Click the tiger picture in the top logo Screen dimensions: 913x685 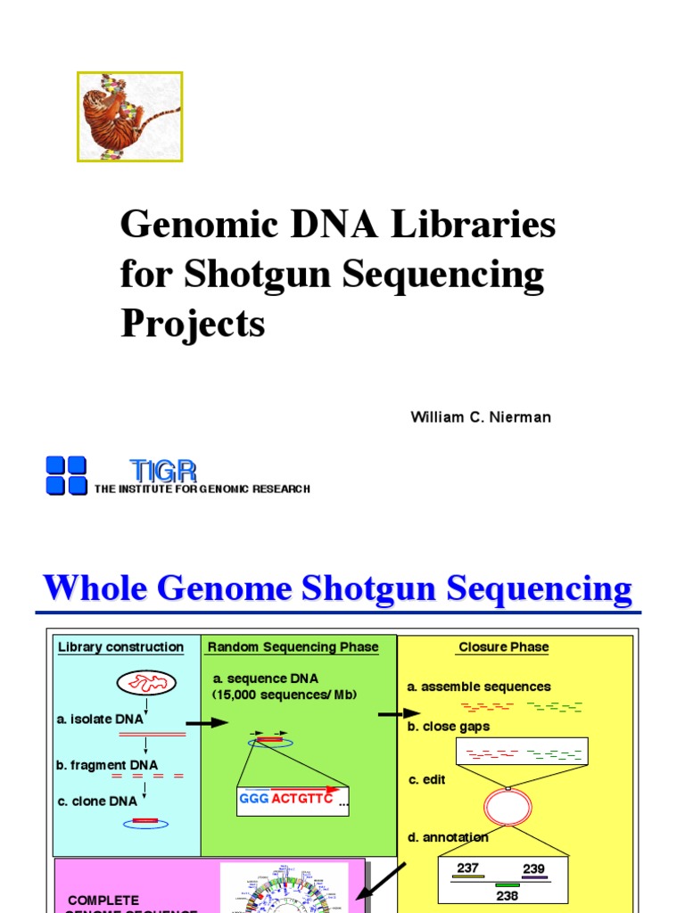click(x=130, y=117)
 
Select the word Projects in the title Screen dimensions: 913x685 click(x=193, y=323)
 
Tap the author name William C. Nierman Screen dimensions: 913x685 click(x=481, y=417)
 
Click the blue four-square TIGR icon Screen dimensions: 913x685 click(x=66, y=475)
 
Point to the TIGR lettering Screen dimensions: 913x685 click(x=162, y=471)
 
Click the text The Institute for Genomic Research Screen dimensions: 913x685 click(x=202, y=489)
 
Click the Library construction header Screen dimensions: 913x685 click(x=120, y=647)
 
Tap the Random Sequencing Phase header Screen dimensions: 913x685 click(x=293, y=647)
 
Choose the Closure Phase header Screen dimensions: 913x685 click(x=504, y=647)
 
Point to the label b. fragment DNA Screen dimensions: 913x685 click(x=106, y=765)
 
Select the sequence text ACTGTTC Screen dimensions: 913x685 click(x=301, y=798)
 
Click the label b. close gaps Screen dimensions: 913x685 click(x=449, y=727)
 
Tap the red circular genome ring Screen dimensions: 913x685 click(x=508, y=808)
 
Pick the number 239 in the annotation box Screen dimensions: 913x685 click(x=533, y=868)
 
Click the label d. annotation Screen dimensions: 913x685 click(x=449, y=837)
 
